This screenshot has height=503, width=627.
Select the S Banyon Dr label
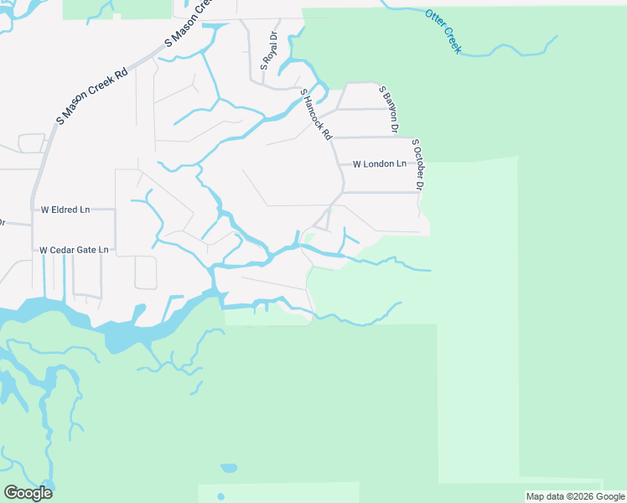(x=387, y=109)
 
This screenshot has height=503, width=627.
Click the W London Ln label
(x=379, y=164)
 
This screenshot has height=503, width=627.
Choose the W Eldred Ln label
(x=65, y=210)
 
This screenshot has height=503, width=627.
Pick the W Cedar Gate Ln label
(x=74, y=250)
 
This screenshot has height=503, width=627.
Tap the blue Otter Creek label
(x=443, y=32)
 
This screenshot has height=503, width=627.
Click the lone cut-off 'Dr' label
(x=2, y=223)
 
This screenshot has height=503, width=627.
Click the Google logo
(x=28, y=493)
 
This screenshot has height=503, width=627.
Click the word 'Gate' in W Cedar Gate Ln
(x=87, y=250)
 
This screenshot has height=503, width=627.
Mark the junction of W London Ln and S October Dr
(x=416, y=164)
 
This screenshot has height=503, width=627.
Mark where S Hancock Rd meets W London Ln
(x=336, y=164)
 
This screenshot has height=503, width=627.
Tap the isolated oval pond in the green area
(x=228, y=468)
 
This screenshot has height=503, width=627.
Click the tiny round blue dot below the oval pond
(x=221, y=496)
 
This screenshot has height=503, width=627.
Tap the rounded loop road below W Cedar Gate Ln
(x=146, y=272)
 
